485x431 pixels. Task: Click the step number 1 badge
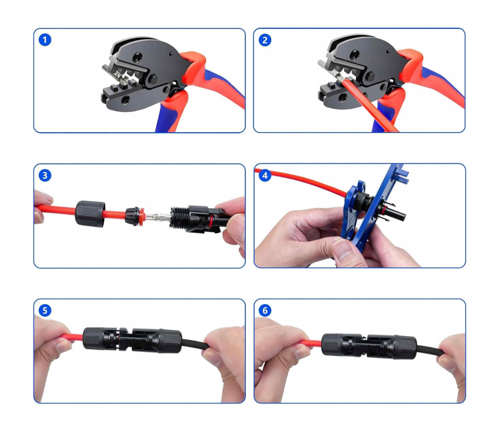click(45, 40)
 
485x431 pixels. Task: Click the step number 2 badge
click(265, 40)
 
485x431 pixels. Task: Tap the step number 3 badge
click(45, 175)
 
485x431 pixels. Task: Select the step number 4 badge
click(265, 175)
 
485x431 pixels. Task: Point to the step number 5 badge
click(45, 310)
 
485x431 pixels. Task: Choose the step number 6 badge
click(265, 310)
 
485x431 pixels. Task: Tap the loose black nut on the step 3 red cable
click(90, 214)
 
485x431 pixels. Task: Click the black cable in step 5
click(194, 344)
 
